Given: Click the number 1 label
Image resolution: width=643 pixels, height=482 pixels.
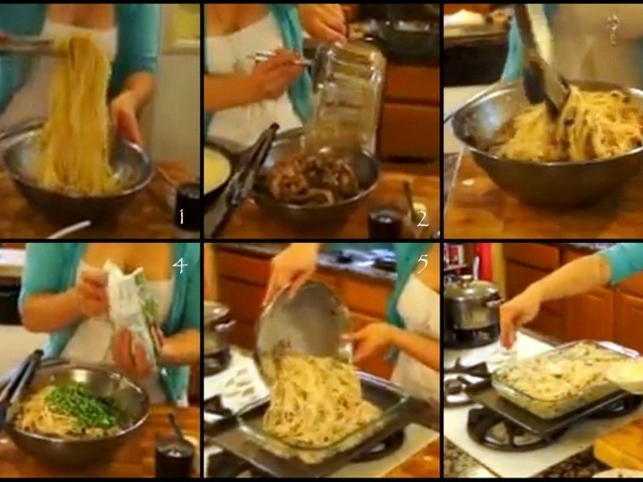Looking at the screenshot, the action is coord(182,216).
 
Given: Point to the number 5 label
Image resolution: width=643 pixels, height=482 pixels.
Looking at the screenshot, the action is coord(422,263).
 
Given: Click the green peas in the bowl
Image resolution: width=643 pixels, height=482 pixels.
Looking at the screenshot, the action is coord(85,406).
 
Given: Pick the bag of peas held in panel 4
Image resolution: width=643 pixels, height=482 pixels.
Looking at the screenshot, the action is coord(132,312).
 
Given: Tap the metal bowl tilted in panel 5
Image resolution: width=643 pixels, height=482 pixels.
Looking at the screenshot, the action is coord(304,324).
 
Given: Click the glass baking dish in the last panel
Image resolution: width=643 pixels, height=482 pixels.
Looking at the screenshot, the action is coord(562,379).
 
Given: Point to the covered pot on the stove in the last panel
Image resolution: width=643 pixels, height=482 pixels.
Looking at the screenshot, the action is coord(472,304).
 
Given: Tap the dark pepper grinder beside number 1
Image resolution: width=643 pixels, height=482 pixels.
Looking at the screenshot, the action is coord(187,207).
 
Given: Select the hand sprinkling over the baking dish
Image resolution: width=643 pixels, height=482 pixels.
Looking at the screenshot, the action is coord(518,316).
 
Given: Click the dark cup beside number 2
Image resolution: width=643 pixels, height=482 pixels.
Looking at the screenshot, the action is coord(385,223).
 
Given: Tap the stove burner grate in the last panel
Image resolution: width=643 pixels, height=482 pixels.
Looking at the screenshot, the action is coord(505,427).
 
